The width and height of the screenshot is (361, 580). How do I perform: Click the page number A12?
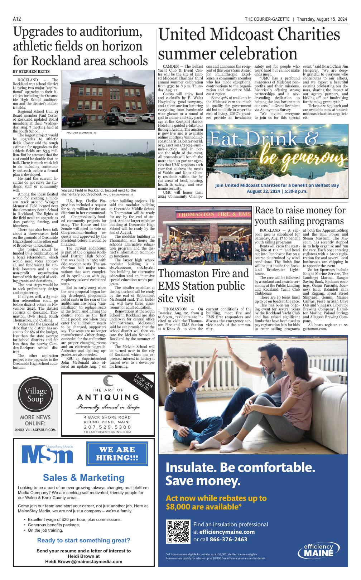click(17, 19)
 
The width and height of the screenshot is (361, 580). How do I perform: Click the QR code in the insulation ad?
click(178, 531)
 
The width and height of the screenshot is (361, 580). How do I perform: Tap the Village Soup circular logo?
click(33, 395)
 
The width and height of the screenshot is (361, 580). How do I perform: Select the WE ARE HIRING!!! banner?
click(117, 454)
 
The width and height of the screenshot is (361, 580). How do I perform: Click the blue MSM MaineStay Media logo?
click(47, 454)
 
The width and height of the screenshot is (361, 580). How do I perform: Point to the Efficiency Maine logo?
click(318, 551)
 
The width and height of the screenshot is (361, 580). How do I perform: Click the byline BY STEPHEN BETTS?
click(31, 72)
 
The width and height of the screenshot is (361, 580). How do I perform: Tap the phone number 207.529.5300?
click(107, 427)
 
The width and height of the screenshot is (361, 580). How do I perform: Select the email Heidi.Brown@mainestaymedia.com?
click(83, 562)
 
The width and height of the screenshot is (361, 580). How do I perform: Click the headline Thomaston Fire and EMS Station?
click(203, 285)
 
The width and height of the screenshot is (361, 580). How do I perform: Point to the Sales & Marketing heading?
click(84, 477)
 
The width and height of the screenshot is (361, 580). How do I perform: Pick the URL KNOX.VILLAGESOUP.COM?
click(35, 430)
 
